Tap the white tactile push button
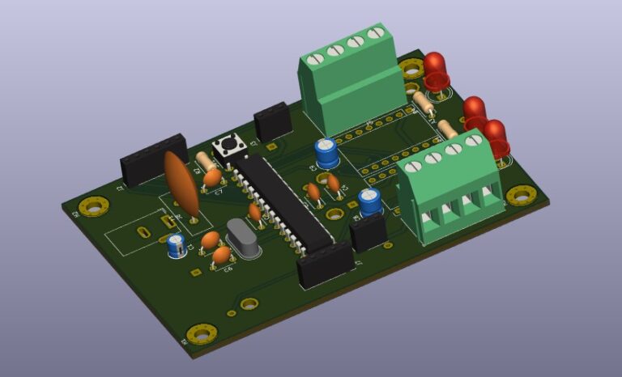pos(228,147)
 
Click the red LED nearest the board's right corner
pos(495,137)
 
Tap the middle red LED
pos(474,112)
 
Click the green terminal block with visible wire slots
pos(450,188)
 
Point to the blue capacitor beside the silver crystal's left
pos(176,244)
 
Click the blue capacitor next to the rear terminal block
pos(327,152)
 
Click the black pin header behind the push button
pos(273,122)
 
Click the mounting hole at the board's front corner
pos(201,333)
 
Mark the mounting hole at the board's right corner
pos(519,195)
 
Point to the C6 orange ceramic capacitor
pos(220,256)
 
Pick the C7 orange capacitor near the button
pos(212,176)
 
